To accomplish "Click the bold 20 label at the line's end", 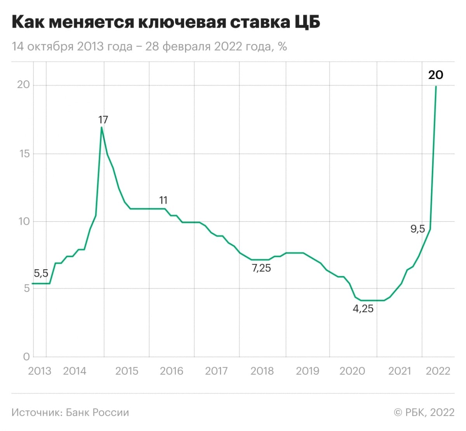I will click(x=435, y=75).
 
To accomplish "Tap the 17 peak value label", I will click(x=103, y=120).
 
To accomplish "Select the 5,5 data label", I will click(x=41, y=274).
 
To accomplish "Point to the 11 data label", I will click(x=163, y=201).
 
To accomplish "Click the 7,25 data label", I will click(x=261, y=268).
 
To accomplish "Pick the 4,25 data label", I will click(x=363, y=309).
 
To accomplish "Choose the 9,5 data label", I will click(x=417, y=229).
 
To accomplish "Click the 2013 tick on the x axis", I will click(x=40, y=371).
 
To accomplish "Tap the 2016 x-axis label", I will click(x=171, y=371).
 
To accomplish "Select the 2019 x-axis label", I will click(x=307, y=371).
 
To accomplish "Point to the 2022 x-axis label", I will click(x=438, y=371).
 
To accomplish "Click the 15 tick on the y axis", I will click(x=23, y=154).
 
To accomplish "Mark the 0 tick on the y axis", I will click(x=26, y=357).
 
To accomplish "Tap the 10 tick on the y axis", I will click(x=23, y=222).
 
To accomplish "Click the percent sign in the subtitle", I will click(x=282, y=47).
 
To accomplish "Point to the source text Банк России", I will click(x=97, y=412).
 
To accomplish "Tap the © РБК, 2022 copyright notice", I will click(x=424, y=412).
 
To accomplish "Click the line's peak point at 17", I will click(x=102, y=127).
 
